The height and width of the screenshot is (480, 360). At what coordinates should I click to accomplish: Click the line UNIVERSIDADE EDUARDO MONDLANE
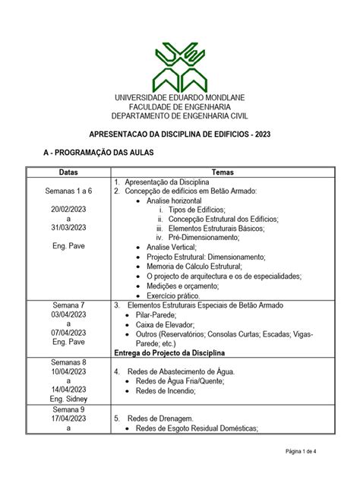pyautogui.click(x=180, y=99)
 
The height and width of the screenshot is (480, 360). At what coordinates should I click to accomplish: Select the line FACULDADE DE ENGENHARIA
pyautogui.click(x=180, y=107)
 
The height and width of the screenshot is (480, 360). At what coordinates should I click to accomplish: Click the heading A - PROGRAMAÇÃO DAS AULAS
pyautogui.click(x=99, y=153)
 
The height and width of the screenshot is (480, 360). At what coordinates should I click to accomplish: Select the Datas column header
pyautogui.click(x=68, y=172)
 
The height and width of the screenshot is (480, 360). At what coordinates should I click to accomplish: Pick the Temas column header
pyautogui.click(x=223, y=172)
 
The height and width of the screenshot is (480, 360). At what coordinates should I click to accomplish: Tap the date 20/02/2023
pyautogui.click(x=68, y=209)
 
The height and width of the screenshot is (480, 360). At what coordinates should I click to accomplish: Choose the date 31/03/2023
pyautogui.click(x=68, y=227)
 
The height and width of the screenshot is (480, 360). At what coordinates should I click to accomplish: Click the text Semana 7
pyautogui.click(x=68, y=305)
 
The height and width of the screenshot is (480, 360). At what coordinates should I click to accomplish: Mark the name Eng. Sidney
pyautogui.click(x=68, y=399)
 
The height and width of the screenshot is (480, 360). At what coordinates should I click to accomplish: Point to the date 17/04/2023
pyautogui.click(x=68, y=418)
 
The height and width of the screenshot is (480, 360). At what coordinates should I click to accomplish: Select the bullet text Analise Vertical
pyautogui.click(x=171, y=247)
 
